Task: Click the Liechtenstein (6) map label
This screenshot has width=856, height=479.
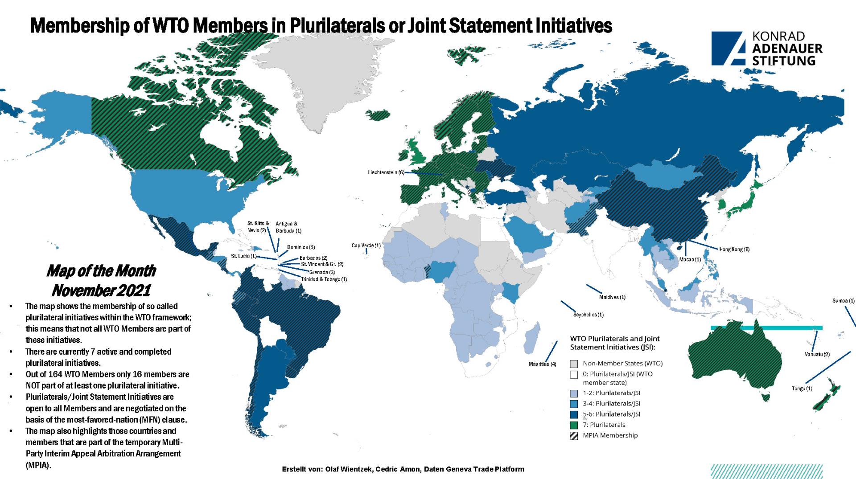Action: click(386, 172)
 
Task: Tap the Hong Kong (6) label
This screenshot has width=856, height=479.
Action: click(734, 250)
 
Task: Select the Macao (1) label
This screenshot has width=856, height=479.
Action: click(690, 259)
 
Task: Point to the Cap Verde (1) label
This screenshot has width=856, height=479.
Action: click(366, 246)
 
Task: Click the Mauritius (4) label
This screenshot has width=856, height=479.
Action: click(542, 364)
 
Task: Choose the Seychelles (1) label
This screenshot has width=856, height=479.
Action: click(588, 315)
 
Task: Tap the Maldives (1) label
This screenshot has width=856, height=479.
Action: click(612, 297)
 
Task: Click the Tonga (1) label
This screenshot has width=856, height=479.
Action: click(802, 389)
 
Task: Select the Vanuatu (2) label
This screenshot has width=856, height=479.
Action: click(817, 354)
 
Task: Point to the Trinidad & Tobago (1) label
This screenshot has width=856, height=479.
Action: click(324, 279)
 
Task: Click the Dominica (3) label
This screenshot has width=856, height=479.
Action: click(301, 247)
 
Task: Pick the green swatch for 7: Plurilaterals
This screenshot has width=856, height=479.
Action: click(574, 425)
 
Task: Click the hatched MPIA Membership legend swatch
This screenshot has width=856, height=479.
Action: click(574, 435)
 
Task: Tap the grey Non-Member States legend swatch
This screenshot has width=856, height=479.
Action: click(574, 364)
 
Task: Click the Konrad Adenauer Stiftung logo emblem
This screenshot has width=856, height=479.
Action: click(728, 48)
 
